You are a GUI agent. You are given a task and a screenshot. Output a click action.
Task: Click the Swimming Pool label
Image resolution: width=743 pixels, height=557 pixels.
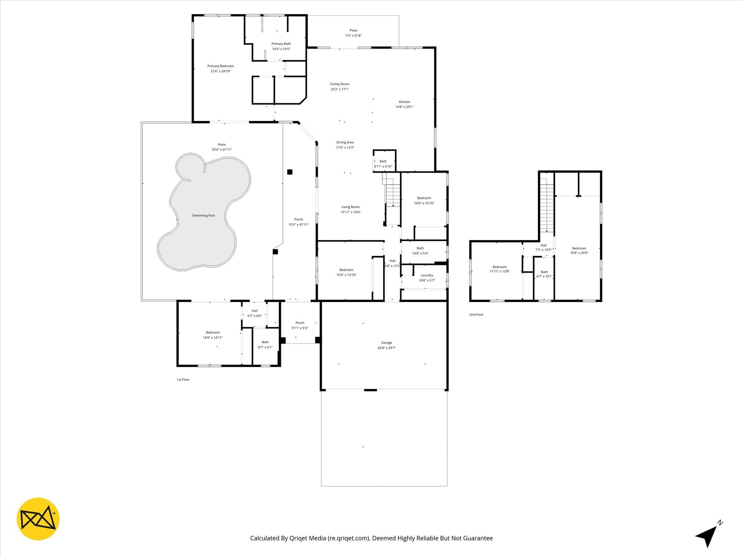[204, 215]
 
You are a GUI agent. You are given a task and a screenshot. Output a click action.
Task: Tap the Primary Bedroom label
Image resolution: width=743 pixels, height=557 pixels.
[221, 66]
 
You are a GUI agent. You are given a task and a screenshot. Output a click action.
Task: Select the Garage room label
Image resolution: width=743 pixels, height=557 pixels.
[387, 343]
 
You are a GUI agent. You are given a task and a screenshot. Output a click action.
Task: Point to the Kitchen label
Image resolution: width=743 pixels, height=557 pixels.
[404, 102]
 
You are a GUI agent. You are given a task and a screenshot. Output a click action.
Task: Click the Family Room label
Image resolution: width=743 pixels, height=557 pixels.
[340, 84]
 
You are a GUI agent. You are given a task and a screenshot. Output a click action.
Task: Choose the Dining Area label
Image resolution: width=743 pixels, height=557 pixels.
[345, 142]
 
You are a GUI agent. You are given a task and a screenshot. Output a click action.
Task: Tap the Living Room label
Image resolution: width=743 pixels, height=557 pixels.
[351, 207]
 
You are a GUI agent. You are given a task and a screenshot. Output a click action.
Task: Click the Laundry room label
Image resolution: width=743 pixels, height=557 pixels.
[427, 275]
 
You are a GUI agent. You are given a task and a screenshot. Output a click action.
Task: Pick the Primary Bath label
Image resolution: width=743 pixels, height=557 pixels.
[281, 44]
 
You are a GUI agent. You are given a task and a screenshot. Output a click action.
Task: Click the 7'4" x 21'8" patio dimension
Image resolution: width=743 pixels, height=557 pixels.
[353, 36]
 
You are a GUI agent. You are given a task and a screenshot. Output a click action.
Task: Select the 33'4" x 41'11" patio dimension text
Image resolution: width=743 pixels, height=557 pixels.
[222, 150]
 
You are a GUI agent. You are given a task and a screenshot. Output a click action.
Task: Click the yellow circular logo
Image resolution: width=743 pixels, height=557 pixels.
[38, 519]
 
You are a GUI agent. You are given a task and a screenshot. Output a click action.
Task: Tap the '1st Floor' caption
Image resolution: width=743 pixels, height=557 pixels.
[183, 380]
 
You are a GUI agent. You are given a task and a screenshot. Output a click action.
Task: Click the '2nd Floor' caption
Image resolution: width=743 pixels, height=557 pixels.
[476, 315]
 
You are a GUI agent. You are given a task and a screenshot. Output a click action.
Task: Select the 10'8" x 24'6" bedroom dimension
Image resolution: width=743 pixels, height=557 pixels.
[579, 253]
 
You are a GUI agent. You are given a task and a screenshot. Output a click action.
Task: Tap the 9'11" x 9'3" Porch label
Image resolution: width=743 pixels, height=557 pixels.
[300, 325]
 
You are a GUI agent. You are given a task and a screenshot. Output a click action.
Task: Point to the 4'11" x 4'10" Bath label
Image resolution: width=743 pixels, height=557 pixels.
[383, 164]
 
